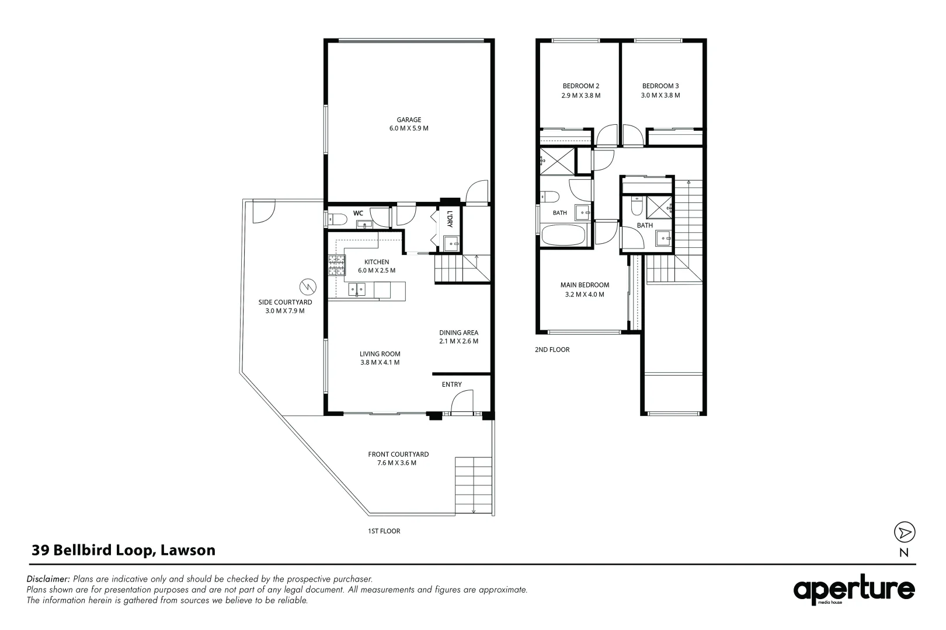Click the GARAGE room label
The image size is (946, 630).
409,120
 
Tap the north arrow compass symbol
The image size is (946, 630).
905,532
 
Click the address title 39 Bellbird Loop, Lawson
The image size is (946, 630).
124,550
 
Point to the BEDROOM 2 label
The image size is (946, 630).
580,86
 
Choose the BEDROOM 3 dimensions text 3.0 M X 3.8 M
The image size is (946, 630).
660,95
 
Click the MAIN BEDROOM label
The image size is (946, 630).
585,285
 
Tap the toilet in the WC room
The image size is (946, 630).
338,219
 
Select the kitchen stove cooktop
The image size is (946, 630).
336,265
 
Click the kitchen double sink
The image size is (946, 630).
357,289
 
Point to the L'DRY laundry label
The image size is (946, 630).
450,219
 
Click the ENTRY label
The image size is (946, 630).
452,384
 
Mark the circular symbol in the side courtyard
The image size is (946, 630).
308,287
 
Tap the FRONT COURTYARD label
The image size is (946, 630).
398,454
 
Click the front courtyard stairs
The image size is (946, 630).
474,485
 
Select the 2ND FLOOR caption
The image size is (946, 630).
552,350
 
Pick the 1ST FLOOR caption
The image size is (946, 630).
384,531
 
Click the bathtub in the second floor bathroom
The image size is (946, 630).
564,235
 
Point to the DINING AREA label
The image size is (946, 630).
458,332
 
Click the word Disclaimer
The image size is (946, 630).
48,579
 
